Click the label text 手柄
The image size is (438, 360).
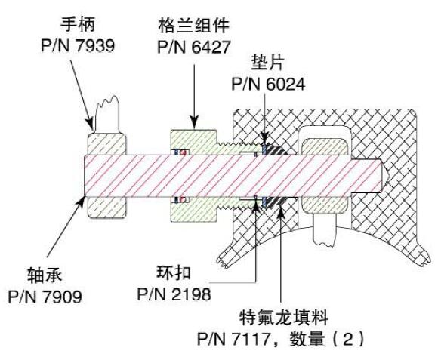point(78,24)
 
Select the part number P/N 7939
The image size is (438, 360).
point(78,45)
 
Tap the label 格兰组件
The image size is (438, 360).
point(193,26)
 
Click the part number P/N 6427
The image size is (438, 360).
point(193,47)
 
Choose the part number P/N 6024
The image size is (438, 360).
point(268,84)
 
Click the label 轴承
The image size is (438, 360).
point(45,275)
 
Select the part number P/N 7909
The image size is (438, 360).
point(45,297)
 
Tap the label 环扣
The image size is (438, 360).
point(174,272)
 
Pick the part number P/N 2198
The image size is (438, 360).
point(174,294)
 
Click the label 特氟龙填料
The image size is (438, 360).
point(283,318)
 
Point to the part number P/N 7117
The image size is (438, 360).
point(234,339)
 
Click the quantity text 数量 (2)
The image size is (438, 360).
point(327,339)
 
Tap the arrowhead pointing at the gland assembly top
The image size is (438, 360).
point(194,123)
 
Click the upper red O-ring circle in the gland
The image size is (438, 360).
point(184,152)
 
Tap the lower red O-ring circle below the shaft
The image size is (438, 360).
point(183,199)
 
